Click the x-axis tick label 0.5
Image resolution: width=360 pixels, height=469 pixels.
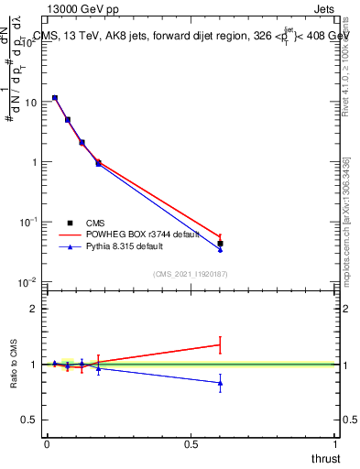point(191,443)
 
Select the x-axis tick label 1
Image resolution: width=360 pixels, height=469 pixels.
point(336,443)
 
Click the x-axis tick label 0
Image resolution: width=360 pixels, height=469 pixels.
point(47,443)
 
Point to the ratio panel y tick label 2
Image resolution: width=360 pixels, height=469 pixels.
point(34,309)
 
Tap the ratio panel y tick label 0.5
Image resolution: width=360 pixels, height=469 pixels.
point(29,420)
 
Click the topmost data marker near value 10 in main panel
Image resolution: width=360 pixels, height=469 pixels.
point(55,97)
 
